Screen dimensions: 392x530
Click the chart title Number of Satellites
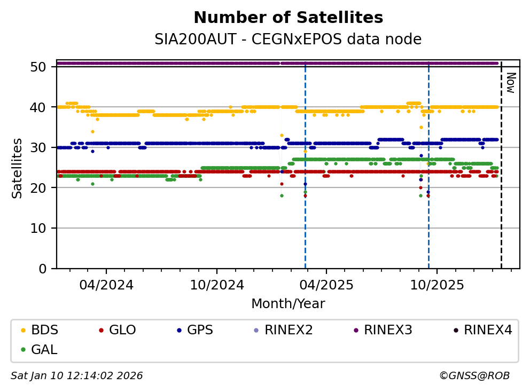click(288, 18)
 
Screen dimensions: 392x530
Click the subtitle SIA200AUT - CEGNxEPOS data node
click(288, 40)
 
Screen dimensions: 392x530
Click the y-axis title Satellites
click(18, 168)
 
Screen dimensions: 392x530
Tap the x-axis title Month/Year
click(288, 304)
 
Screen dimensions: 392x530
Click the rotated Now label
click(511, 83)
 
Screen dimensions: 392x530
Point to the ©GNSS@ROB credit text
click(474, 376)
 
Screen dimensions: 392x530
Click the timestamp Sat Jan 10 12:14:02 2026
click(77, 376)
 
